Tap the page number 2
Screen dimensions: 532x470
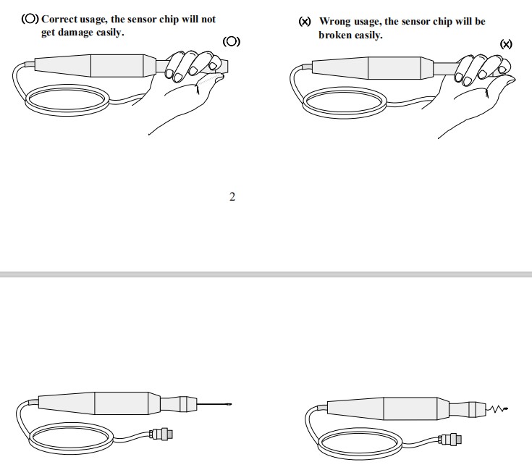click(232, 197)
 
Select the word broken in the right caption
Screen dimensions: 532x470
click(335, 35)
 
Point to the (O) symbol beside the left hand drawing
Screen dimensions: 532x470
click(232, 42)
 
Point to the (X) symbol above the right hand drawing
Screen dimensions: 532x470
click(506, 44)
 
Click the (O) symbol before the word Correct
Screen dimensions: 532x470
click(30, 19)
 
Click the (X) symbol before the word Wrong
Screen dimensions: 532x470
click(305, 22)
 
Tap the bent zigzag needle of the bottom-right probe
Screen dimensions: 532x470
click(497, 409)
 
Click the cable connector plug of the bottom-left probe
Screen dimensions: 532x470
click(161, 434)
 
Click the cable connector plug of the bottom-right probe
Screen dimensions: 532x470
click(449, 440)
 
